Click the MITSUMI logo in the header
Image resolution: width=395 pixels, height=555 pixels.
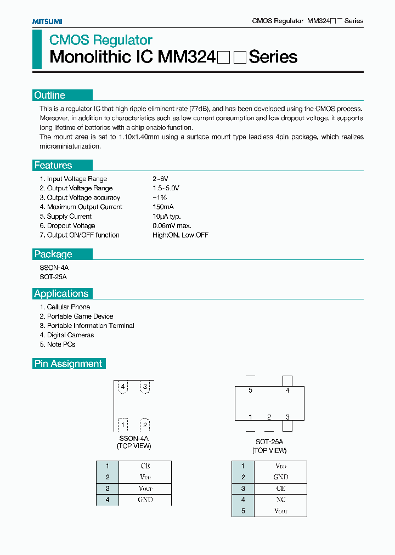(x=47, y=21)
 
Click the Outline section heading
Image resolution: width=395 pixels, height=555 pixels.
(x=50, y=95)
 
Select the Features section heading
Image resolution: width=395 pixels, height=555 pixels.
(x=53, y=166)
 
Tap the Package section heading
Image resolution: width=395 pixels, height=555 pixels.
(x=53, y=254)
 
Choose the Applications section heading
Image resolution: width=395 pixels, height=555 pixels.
(x=61, y=294)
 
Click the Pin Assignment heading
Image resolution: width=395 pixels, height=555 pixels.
(x=69, y=364)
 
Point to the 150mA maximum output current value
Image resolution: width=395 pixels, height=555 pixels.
(x=163, y=207)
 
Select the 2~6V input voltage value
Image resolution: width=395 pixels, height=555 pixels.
(x=160, y=179)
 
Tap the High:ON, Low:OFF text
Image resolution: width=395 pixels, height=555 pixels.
(x=180, y=235)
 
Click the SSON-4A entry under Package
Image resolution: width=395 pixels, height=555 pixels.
(x=54, y=268)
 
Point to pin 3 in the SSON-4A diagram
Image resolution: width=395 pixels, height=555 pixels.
(x=145, y=387)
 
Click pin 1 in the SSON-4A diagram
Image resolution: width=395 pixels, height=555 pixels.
(x=123, y=425)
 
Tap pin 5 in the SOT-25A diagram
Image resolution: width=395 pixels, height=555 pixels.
(x=250, y=390)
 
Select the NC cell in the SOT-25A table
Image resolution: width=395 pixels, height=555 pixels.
(x=280, y=500)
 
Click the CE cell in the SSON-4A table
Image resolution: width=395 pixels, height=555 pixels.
(x=145, y=466)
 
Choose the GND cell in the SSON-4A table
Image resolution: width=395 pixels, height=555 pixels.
(x=145, y=500)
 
